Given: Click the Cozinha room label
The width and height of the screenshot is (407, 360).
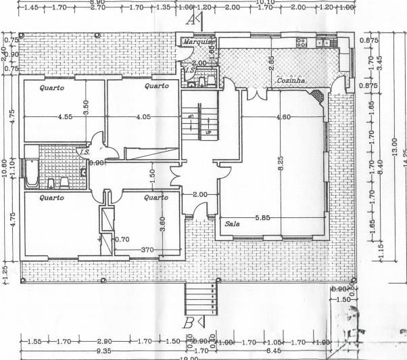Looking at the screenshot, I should tap(291, 81).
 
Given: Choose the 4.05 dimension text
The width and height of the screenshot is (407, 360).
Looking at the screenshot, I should tap(143, 117).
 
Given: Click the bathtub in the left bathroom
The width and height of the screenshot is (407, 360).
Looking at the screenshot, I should tap(30, 173).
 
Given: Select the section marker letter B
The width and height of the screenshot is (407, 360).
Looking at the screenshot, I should tap(189, 321).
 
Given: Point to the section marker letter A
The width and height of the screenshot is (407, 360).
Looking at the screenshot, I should tap(192, 19).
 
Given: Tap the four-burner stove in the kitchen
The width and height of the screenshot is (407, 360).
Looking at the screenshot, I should tap(302, 43).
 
